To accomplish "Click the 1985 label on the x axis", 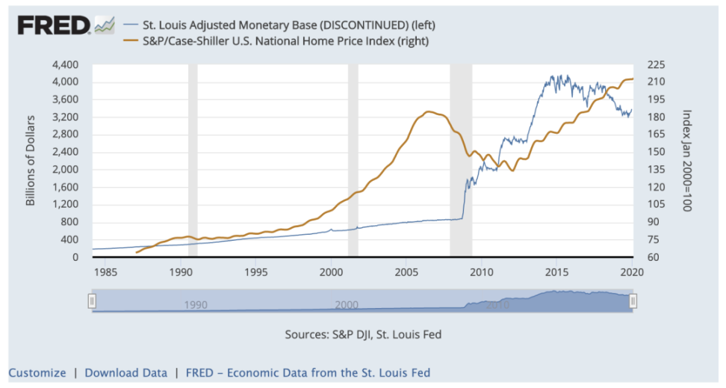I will point(105,271).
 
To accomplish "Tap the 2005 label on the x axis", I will point(406,271).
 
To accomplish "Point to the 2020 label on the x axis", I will point(632,271).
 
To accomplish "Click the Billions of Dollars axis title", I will point(31,161).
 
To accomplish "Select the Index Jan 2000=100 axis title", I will point(686,161).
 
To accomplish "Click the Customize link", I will point(37,372).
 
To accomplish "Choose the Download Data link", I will point(125,372).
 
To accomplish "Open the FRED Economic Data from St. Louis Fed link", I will point(308,372).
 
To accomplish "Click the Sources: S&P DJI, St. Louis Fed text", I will point(363,334).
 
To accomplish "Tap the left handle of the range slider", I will point(92,301).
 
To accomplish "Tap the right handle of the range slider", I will point(633,301).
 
